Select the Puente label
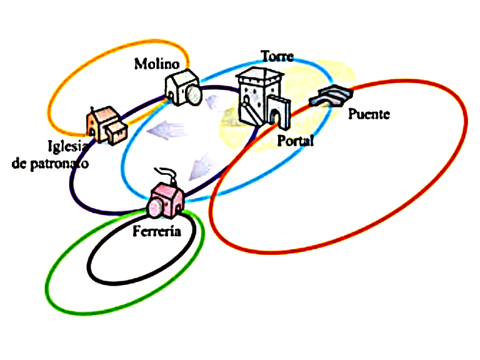point(368,114)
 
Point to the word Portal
point(295,141)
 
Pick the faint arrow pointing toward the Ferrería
point(201,164)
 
